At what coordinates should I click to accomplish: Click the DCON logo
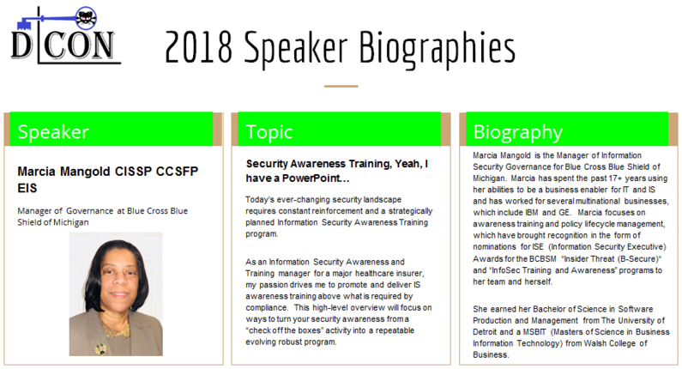66,35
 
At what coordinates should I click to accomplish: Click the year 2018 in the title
198,47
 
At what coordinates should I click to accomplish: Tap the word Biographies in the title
438,49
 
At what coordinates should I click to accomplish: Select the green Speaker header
112,130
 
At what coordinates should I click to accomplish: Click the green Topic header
339,130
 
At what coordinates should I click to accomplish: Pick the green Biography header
567,130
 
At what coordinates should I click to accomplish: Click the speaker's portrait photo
116,293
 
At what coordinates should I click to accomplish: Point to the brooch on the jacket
101,348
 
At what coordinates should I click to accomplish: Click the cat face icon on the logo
86,18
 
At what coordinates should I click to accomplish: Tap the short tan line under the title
341,86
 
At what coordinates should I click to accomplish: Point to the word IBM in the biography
532,212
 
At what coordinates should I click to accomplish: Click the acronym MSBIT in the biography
535,331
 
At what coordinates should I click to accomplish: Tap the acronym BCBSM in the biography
543,258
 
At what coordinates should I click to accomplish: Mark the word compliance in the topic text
266,308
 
